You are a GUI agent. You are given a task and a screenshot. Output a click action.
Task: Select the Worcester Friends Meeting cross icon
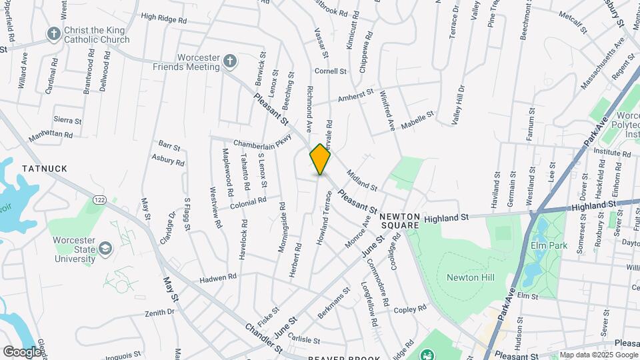(x=229, y=62)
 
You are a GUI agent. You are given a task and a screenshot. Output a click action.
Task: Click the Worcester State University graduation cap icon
(x=105, y=249)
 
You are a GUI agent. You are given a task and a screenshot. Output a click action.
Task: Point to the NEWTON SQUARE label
(x=399, y=221)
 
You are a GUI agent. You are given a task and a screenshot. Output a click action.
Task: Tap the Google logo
(x=22, y=351)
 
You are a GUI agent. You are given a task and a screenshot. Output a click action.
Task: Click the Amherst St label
(x=356, y=97)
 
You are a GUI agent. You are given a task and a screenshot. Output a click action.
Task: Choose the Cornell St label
(x=331, y=71)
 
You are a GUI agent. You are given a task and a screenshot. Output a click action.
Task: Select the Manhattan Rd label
(x=51, y=136)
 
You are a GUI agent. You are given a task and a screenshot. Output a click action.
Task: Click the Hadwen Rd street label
(x=219, y=276)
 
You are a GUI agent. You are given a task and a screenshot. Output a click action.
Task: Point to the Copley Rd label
(x=409, y=309)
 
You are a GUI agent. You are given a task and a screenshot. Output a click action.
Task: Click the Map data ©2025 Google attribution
(x=597, y=355)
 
